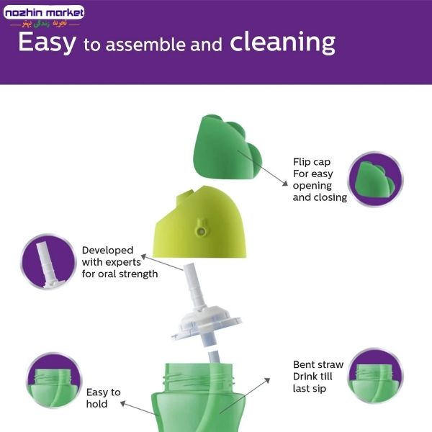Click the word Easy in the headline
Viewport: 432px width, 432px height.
pos(47,42)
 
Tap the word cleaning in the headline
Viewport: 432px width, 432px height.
pos(283,42)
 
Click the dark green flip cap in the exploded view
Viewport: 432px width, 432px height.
pos(228,148)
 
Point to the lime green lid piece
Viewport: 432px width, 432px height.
pos(199,222)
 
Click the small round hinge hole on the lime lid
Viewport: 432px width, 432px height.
pos(202,231)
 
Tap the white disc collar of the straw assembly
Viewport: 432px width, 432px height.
pos(206,323)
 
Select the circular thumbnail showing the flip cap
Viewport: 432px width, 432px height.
pos(375,179)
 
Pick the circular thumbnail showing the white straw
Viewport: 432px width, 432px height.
pos(49,262)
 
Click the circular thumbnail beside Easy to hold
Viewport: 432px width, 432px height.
pos(54,380)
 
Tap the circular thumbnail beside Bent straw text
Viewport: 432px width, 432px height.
pos(376,376)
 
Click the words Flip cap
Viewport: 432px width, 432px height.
pos(312,162)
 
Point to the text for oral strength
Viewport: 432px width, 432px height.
pos(120,274)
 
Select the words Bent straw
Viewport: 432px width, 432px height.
pos(318,364)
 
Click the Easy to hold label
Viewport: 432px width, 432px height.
pos(103,398)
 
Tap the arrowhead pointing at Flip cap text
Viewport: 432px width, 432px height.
pos(285,183)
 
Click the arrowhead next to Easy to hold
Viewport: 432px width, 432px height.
pos(123,404)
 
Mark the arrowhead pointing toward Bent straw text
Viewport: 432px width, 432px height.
pos(267,380)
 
